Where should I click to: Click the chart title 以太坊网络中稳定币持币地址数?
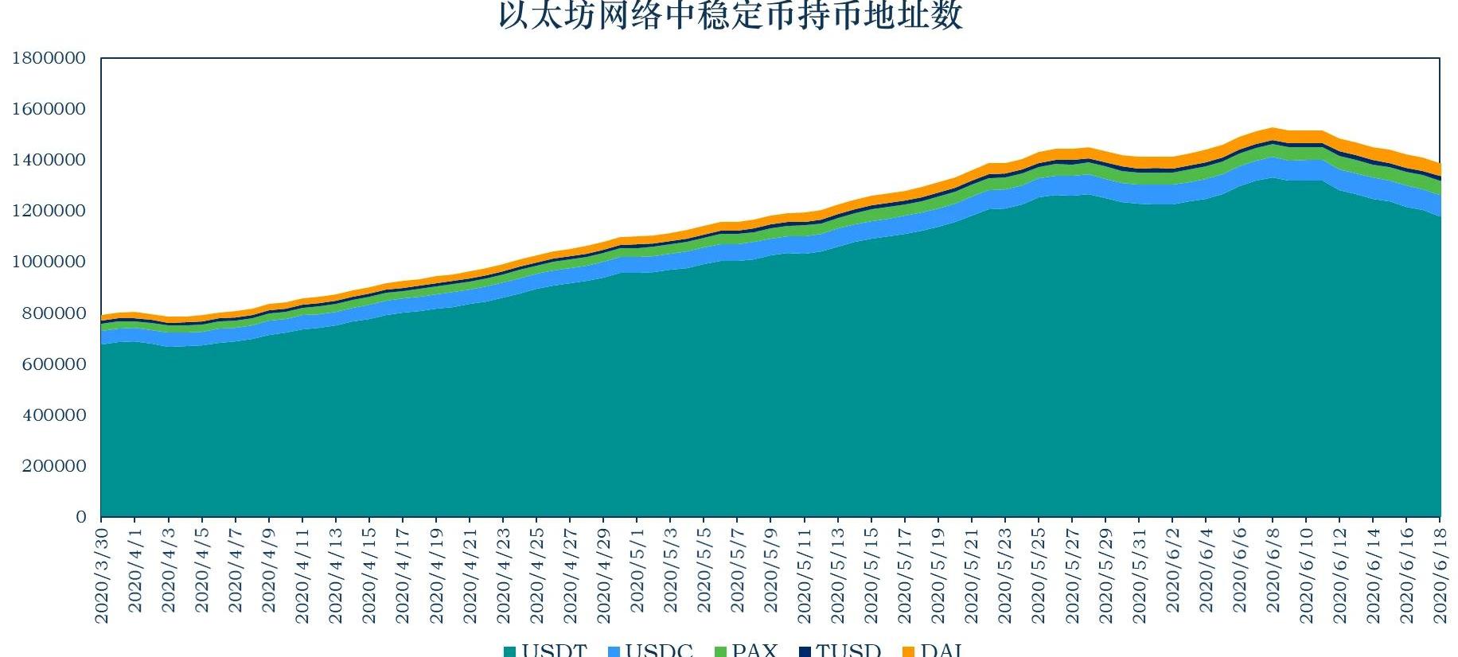(x=730, y=16)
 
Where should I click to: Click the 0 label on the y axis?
(x=81, y=517)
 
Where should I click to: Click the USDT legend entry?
(x=546, y=651)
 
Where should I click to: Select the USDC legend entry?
(x=650, y=651)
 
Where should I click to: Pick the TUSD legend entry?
(x=840, y=651)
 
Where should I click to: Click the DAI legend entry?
(x=934, y=651)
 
